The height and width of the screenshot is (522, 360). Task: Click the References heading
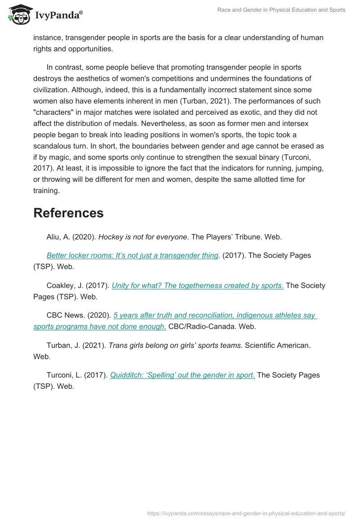(68, 213)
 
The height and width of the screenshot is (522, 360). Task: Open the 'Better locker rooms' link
(132, 255)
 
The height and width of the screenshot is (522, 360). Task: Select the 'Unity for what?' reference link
(198, 285)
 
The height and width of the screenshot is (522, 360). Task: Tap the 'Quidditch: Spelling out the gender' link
(182, 375)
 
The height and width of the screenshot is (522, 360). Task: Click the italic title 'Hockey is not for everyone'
(142, 237)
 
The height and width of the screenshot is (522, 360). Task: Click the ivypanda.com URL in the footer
(246, 513)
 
